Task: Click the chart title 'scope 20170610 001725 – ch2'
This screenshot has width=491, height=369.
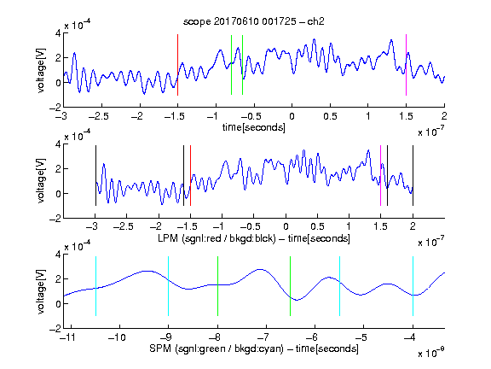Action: pyautogui.click(x=254, y=21)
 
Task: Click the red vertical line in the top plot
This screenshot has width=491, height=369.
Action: pyautogui.click(x=177, y=65)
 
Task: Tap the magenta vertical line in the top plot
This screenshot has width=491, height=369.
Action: pyautogui.click(x=406, y=65)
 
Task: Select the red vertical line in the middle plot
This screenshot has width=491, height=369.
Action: pyautogui.click(x=190, y=175)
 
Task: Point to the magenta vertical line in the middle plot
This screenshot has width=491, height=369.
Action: pyautogui.click(x=380, y=175)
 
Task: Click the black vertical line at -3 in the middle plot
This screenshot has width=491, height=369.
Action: pyautogui.click(x=95, y=175)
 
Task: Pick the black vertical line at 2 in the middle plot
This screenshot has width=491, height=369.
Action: pyautogui.click(x=413, y=175)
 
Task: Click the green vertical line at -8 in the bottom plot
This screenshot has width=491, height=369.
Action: pyautogui.click(x=217, y=286)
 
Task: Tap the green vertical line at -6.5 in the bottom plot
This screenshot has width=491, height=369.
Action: pyautogui.click(x=291, y=286)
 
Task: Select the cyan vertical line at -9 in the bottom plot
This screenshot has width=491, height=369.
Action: pyautogui.click(x=169, y=286)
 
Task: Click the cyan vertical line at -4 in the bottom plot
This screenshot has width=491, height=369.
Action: pyautogui.click(x=413, y=286)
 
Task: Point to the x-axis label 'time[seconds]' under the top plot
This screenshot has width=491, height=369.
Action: pyautogui.click(x=254, y=127)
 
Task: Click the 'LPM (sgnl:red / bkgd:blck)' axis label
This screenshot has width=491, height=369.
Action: pyautogui.click(x=217, y=238)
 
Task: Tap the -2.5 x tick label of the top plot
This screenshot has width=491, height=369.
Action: pyautogui.click(x=98, y=116)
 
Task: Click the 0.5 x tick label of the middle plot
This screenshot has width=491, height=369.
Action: pyautogui.click(x=317, y=226)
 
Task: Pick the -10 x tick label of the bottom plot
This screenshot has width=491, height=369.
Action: pyautogui.click(x=117, y=337)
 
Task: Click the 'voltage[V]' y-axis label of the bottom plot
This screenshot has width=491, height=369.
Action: pyautogui.click(x=41, y=291)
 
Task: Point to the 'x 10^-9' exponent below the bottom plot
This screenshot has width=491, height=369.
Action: pyautogui.click(x=430, y=353)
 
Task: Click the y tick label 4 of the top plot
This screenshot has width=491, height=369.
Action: pyautogui.click(x=58, y=33)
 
